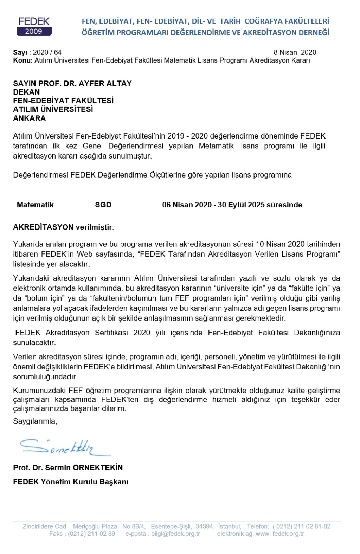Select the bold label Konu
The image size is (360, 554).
coord(22,60)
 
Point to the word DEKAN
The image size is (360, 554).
coord(26,92)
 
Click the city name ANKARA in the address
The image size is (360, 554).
coord(30,118)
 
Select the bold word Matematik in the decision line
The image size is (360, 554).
coord(35,205)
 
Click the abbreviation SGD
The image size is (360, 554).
coord(103,205)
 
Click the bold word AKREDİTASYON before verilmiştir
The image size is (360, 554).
coord(43,227)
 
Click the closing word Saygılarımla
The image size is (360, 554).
coord(35,421)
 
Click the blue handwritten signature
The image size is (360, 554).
coord(63,447)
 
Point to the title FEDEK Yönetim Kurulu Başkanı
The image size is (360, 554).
coord(71,482)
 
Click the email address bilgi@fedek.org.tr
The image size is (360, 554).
coord(175,534)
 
